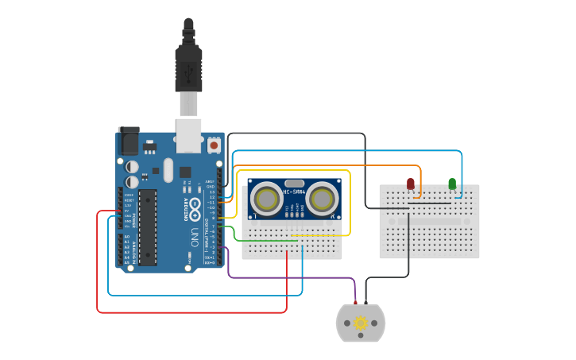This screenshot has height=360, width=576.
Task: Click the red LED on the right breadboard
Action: coord(411,184)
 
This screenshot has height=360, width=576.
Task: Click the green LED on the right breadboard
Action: coord(452,184)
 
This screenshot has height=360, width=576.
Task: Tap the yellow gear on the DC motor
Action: coord(361,323)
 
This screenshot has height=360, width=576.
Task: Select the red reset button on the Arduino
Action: coord(214,146)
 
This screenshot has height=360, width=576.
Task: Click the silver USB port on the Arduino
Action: coord(188,136)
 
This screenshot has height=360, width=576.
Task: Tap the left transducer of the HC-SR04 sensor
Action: coord(265,199)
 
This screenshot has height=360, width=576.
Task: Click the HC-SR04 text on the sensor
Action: coord(294,192)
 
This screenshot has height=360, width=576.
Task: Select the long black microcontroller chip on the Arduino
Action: coord(149,226)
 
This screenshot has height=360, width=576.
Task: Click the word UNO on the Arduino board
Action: coord(194,236)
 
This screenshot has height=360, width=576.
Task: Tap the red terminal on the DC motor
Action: coord(355,304)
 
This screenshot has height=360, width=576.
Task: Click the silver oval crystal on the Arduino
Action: coord(168,169)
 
